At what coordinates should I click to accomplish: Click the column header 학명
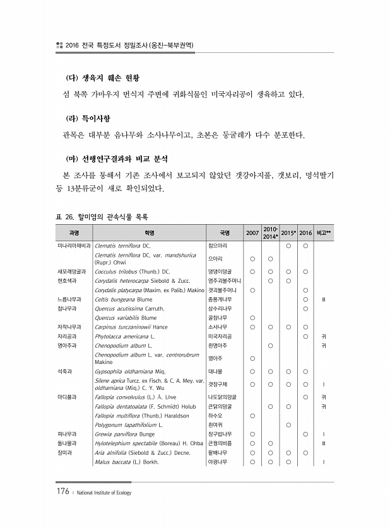(149, 233)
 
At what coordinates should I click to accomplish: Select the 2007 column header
(252, 233)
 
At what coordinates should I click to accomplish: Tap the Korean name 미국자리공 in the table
(220, 336)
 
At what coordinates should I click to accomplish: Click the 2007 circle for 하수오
(252, 415)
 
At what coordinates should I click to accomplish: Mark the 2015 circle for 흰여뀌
(288, 424)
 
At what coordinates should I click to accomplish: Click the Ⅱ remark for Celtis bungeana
(323, 299)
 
